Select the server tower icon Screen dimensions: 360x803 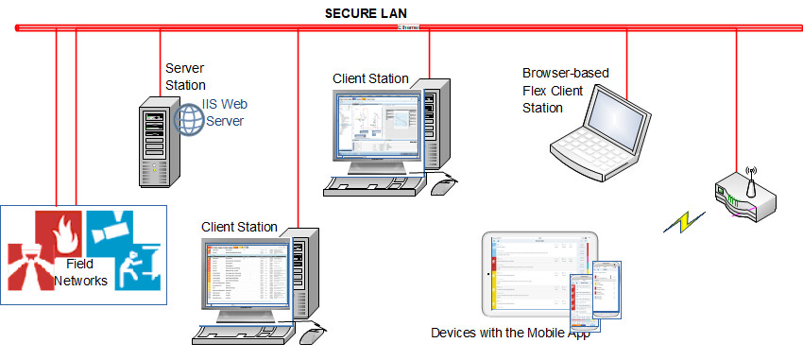pyautogui.click(x=152, y=142)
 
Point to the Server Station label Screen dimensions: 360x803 pyautogui.click(x=185, y=77)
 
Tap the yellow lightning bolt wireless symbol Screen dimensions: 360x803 pyautogui.click(x=685, y=222)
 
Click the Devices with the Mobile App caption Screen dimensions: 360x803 pyautogui.click(x=516, y=334)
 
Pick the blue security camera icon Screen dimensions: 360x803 pyautogui.click(x=112, y=225)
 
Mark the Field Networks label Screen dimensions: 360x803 pyautogui.click(x=79, y=273)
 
